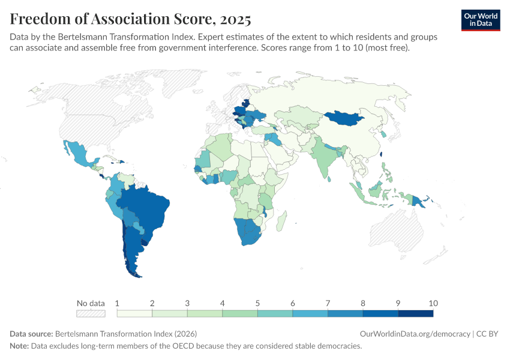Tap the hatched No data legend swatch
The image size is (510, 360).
[x=90, y=313]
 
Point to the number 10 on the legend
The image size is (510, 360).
[x=433, y=303]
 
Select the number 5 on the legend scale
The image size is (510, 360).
[x=257, y=303]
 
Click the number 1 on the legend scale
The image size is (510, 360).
[x=118, y=303]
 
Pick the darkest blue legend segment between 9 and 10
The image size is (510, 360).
[x=415, y=313]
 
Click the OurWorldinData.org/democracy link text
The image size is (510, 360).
[x=415, y=334]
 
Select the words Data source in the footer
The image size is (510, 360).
[x=31, y=334]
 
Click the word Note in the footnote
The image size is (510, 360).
[x=19, y=346]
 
